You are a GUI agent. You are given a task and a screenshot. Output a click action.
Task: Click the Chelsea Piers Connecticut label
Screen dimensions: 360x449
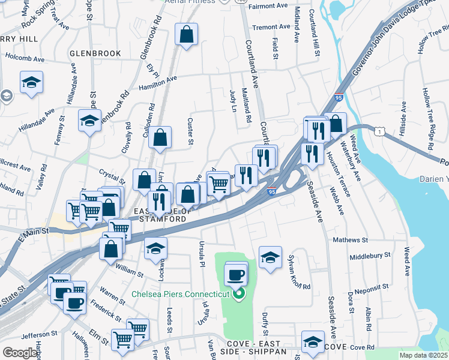[x=181, y=294]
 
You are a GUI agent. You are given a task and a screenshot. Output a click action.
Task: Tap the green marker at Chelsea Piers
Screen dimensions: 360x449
[x=240, y=293]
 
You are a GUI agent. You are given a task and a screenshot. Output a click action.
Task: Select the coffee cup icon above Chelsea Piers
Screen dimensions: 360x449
[x=236, y=276]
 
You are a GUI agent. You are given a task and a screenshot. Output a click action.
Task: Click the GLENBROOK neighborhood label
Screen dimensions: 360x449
[x=95, y=53]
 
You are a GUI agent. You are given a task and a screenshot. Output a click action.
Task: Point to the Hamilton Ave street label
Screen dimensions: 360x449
[x=158, y=83]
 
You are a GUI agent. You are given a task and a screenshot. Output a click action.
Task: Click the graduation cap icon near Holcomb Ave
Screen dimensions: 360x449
[x=31, y=83]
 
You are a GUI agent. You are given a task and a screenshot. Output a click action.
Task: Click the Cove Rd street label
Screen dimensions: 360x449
[x=362, y=347]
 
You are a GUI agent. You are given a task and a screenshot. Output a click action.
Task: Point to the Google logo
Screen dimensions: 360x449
[x=20, y=353]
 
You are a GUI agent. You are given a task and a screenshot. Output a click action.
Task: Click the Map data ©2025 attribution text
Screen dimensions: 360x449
[x=423, y=355]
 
